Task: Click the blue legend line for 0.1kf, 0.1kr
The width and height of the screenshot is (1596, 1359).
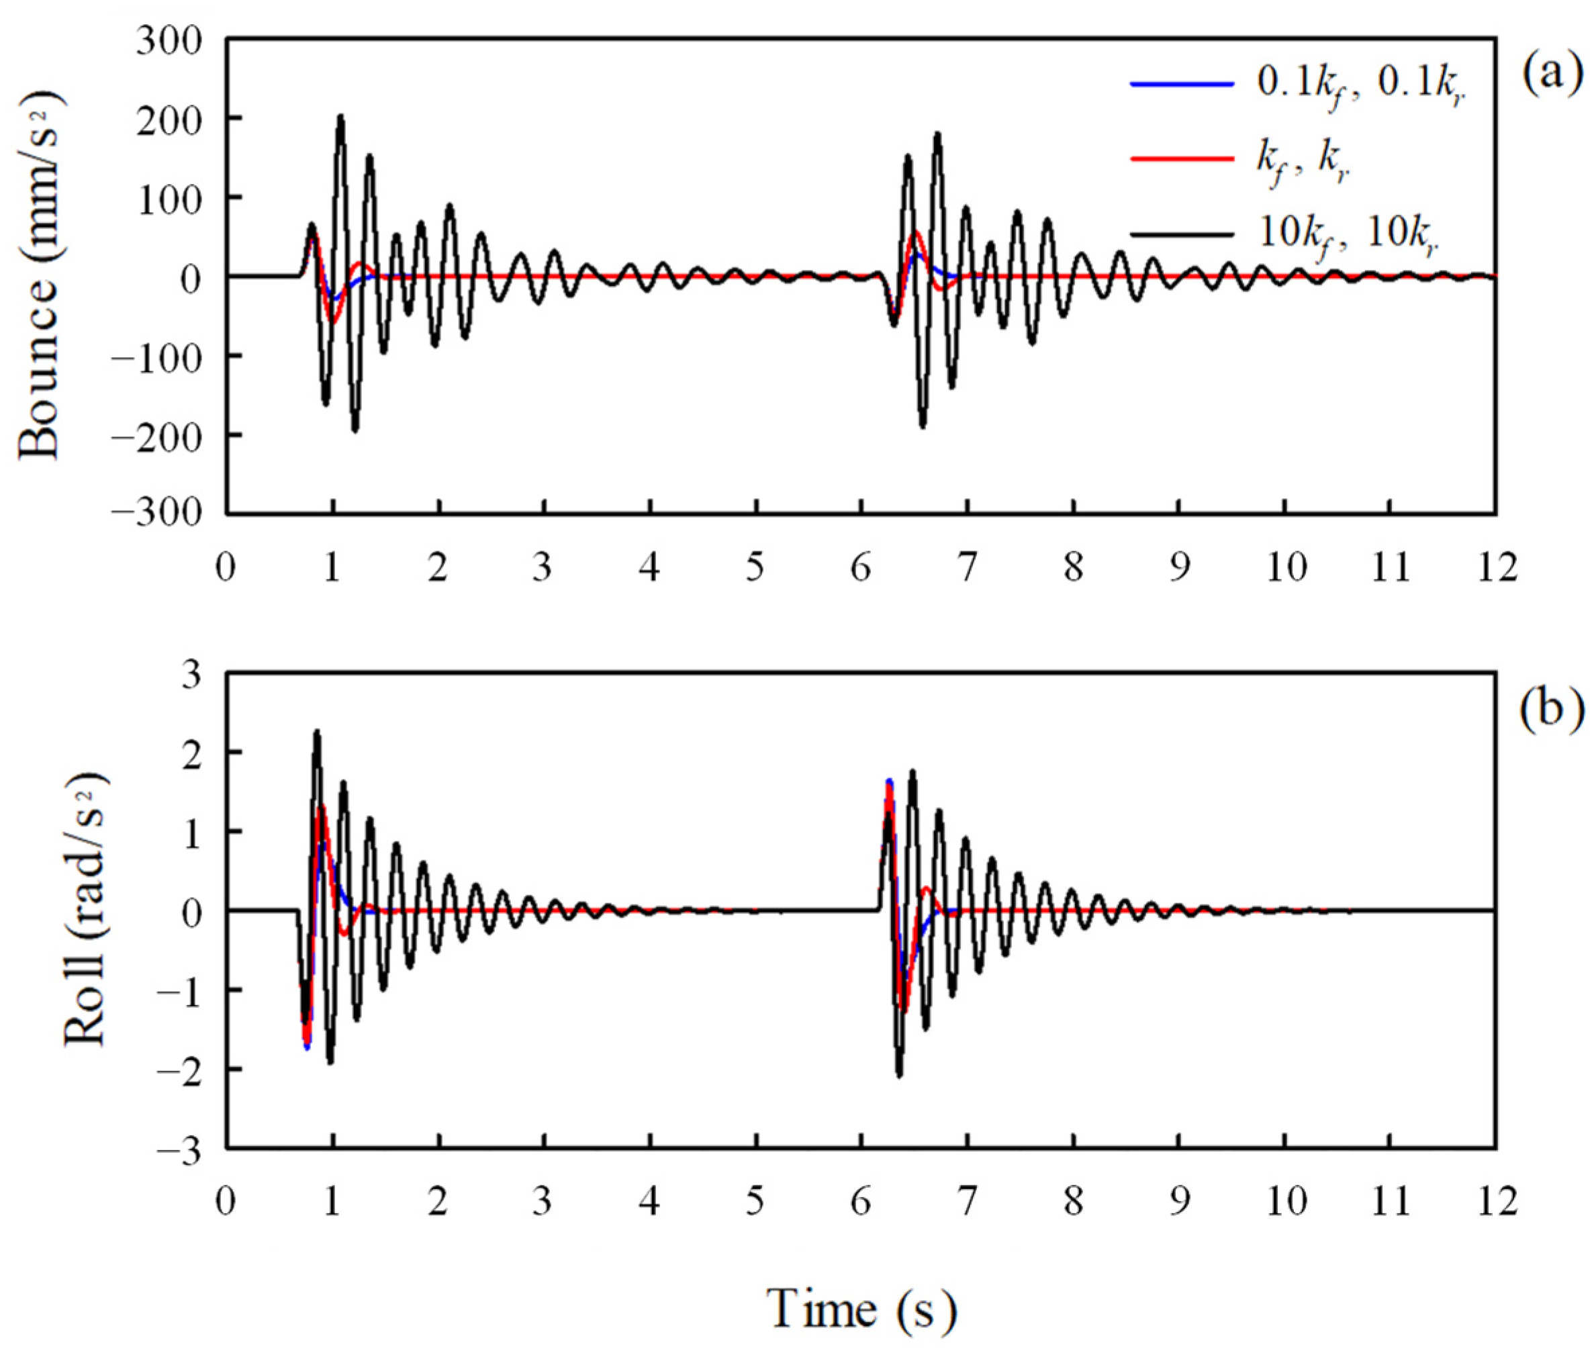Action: [1181, 83]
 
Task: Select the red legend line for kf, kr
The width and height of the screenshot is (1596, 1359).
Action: [1181, 158]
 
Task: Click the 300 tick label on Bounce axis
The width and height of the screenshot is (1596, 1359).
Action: [169, 40]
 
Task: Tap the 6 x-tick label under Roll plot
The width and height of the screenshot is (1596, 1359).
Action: [861, 1202]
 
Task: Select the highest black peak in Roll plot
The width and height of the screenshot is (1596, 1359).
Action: [316, 732]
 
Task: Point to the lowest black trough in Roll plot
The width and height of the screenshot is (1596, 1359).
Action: [899, 1075]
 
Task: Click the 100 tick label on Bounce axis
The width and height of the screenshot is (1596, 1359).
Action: [169, 198]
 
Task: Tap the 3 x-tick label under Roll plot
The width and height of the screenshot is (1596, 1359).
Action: [543, 1202]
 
